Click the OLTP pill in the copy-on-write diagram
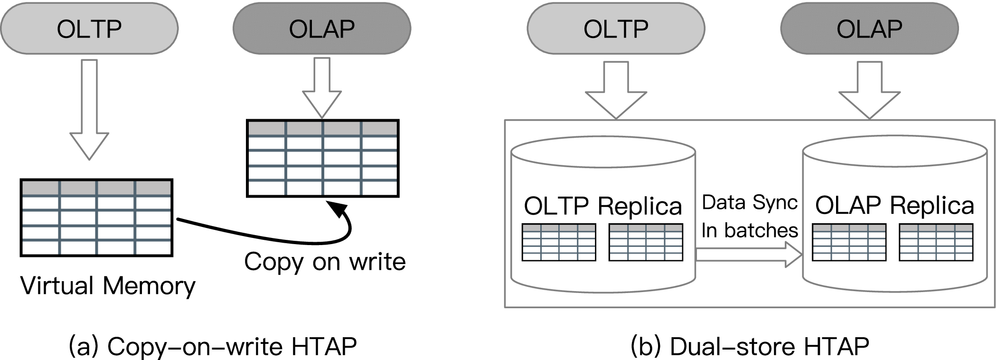(x=89, y=28)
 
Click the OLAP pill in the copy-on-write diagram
(x=322, y=28)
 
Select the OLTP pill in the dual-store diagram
(x=616, y=28)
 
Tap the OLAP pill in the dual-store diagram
(x=869, y=28)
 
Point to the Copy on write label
(x=325, y=262)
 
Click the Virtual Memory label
(x=108, y=286)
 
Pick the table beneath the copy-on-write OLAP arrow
(x=323, y=158)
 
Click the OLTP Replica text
(x=603, y=206)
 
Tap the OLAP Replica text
(x=894, y=205)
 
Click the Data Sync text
(x=749, y=203)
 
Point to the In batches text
(x=749, y=230)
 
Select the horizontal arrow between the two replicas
(x=748, y=255)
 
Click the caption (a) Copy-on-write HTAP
(x=213, y=346)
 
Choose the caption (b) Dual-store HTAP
(x=750, y=346)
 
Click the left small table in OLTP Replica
(x=559, y=242)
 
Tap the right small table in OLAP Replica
(x=936, y=242)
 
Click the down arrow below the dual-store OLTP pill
(x=616, y=90)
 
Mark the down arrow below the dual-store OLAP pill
(x=869, y=90)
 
